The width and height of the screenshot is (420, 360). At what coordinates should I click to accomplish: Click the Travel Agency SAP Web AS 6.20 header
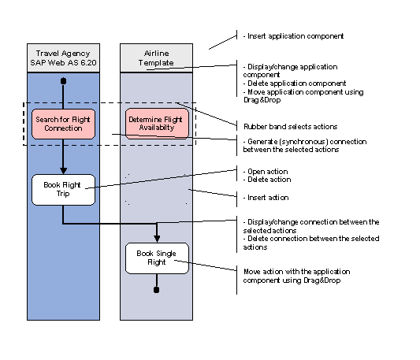pyautogui.click(x=63, y=58)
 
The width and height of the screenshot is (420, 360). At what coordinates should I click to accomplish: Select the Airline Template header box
pyautogui.click(x=156, y=58)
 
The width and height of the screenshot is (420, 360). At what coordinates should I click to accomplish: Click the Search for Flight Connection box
pyautogui.click(x=63, y=123)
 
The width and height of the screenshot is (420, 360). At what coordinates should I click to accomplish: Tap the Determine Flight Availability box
pyautogui.click(x=156, y=123)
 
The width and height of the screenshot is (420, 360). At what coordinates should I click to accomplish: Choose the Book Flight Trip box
pyautogui.click(x=63, y=189)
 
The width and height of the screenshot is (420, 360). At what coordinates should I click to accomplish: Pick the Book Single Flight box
pyautogui.click(x=157, y=258)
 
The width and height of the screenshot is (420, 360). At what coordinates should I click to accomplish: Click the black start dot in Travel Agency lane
pyautogui.click(x=63, y=81)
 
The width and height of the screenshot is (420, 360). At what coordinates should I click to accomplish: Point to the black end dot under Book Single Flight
pyautogui.click(x=157, y=290)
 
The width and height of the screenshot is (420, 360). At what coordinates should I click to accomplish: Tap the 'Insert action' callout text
pyautogui.click(x=267, y=198)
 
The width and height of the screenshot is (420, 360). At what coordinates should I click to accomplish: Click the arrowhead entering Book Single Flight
pyautogui.click(x=157, y=239)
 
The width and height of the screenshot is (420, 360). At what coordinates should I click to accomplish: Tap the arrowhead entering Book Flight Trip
pyautogui.click(x=63, y=171)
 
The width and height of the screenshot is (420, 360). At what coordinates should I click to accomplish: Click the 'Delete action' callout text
pyautogui.click(x=269, y=180)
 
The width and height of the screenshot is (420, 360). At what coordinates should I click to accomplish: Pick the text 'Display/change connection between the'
pyautogui.click(x=312, y=221)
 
